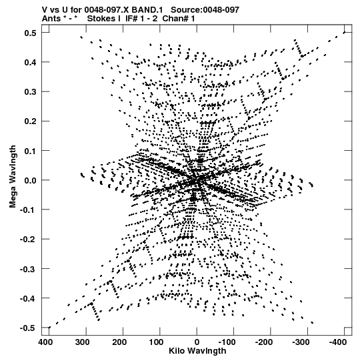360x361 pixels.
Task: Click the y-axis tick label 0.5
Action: (x=31, y=33)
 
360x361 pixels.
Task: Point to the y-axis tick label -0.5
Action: (x=28, y=328)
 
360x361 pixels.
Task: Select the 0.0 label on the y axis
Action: (x=31, y=180)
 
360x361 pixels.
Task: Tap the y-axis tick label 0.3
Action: (x=31, y=92)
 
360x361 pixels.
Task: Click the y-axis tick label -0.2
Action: (x=28, y=240)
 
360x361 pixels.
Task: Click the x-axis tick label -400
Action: (x=338, y=342)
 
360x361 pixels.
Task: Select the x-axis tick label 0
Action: (x=197, y=342)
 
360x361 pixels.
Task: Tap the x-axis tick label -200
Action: (x=264, y=342)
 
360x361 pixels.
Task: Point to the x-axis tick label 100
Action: (x=156, y=342)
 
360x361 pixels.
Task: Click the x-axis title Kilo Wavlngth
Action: (x=197, y=351)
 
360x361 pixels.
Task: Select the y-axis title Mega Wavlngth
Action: (x=13, y=177)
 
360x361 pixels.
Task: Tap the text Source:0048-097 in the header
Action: (x=205, y=10)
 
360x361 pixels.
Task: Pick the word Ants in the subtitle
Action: (x=51, y=19)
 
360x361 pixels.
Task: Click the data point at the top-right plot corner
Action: (x=345, y=33)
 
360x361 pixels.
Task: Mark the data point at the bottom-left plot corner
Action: (x=49, y=328)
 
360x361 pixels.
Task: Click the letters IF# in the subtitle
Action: (x=131, y=19)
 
